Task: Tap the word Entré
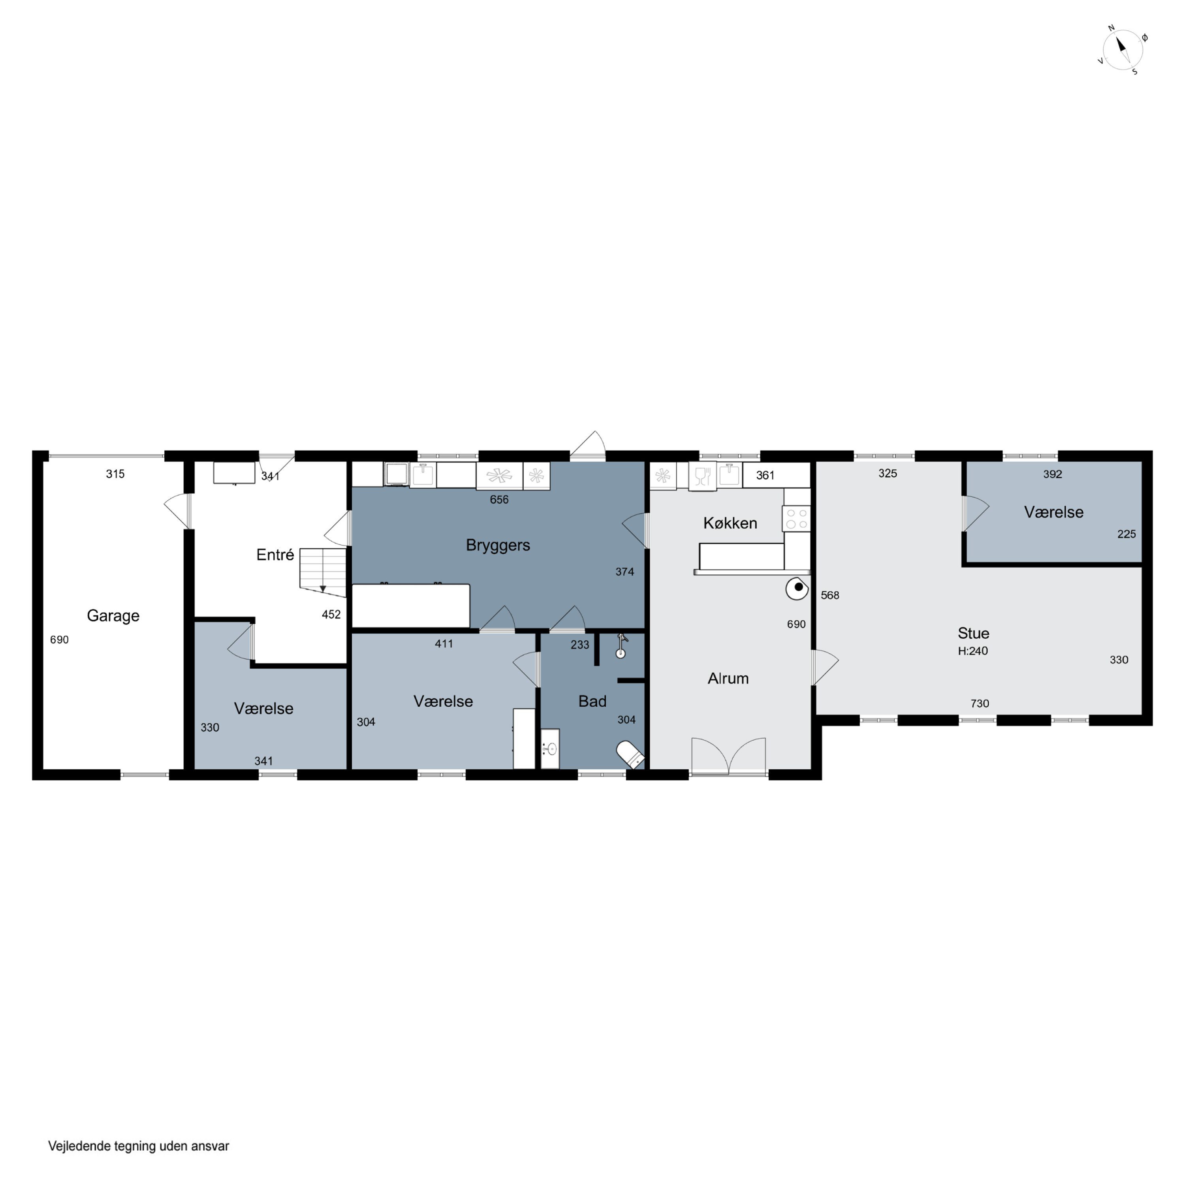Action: click(275, 555)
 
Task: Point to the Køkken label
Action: click(730, 523)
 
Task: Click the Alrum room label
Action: click(728, 678)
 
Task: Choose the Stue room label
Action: click(973, 633)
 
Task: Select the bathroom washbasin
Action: click(550, 748)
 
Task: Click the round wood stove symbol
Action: click(798, 589)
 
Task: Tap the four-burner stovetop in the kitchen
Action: click(796, 518)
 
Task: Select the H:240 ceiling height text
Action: click(973, 651)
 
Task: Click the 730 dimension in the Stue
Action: click(980, 703)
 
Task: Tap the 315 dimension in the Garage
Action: click(115, 474)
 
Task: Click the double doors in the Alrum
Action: click(729, 756)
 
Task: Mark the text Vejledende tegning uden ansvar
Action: click(139, 1146)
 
